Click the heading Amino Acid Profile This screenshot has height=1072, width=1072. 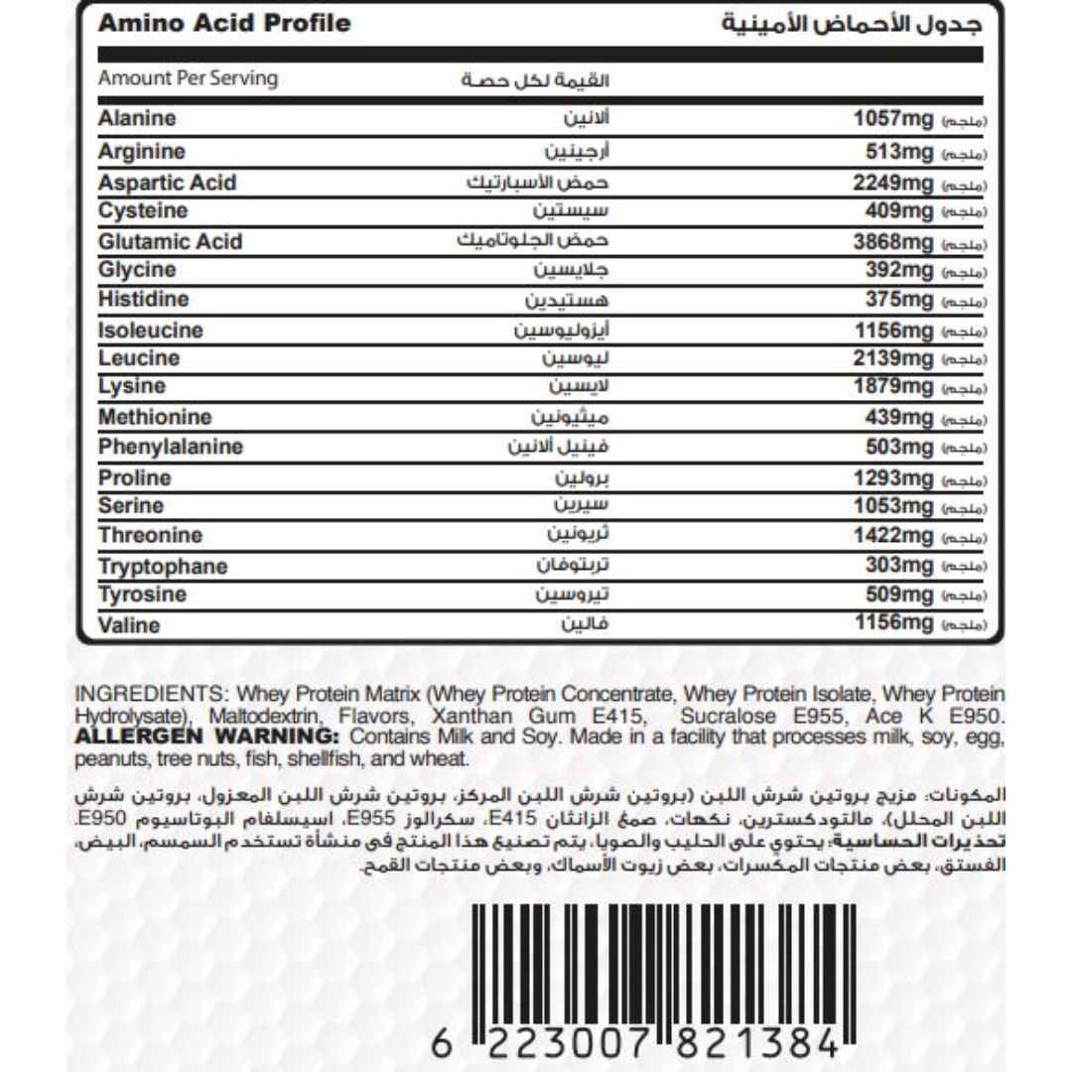224,23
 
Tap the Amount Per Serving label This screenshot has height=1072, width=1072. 188,78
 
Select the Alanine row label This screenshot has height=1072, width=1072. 137,119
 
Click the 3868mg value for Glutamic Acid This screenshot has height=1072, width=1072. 893,242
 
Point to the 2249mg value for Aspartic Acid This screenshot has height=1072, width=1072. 893,184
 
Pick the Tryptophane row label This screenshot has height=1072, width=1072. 163,567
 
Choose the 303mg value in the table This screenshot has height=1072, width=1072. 899,566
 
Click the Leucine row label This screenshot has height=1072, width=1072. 139,358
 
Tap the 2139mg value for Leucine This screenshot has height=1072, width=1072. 893,358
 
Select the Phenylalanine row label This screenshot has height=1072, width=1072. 171,448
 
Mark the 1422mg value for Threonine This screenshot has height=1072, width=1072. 893,536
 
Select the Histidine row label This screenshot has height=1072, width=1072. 143,300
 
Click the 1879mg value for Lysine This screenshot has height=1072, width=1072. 893,387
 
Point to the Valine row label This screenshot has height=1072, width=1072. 129,626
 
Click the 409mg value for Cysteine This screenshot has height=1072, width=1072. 899,211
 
